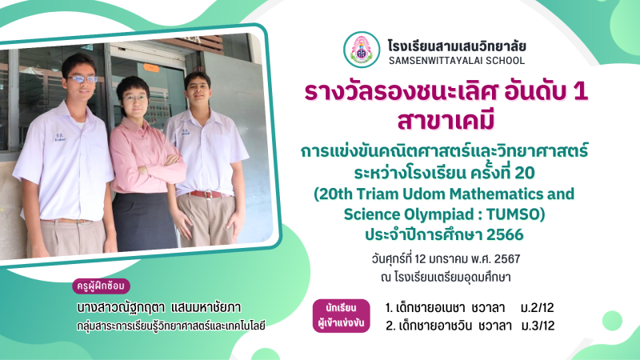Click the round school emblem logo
(362, 50)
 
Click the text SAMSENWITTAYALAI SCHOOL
(457, 61)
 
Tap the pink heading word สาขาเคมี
(446, 120)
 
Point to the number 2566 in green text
(505, 234)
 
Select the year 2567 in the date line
(507, 258)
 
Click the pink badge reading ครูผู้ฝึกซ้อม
(102, 286)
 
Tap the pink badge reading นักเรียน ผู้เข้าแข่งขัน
(342, 316)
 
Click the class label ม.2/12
(537, 308)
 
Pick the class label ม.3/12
(538, 326)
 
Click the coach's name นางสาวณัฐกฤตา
(121, 308)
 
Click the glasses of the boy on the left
(82, 79)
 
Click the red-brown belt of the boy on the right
(208, 194)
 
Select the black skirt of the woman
(145, 222)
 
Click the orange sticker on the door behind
(151, 68)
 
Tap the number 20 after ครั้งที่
(525, 173)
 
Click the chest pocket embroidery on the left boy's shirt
(59, 137)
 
